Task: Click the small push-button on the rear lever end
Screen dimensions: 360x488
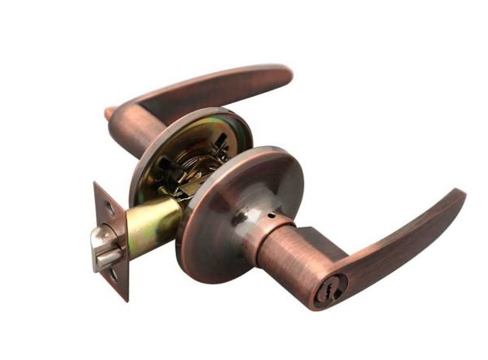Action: [108, 114]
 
